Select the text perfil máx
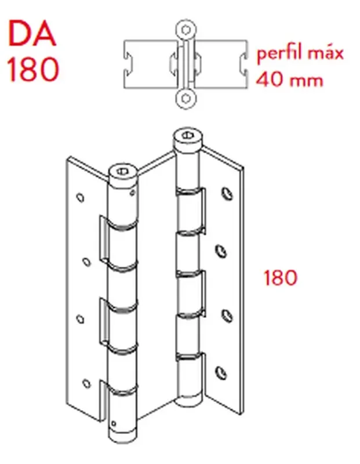coord(300,55)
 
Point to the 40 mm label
coord(289,78)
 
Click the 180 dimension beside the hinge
coord(280,278)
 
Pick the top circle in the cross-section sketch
coord(185,28)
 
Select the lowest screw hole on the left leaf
coord(88,382)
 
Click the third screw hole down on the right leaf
coord(220,314)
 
